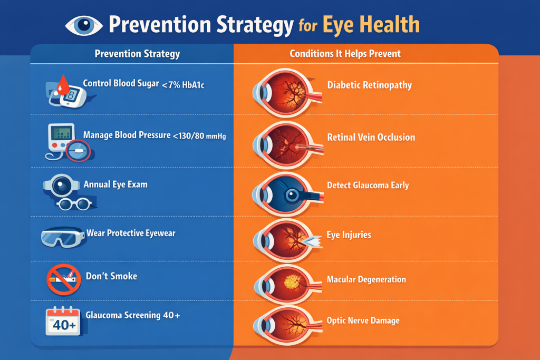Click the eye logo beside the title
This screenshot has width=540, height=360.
tap(84, 25)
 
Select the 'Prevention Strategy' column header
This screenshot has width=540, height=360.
tap(137, 54)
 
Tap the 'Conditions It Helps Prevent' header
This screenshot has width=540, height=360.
tap(345, 54)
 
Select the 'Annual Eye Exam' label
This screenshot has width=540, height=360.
tap(115, 185)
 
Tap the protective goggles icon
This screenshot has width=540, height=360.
tap(62, 237)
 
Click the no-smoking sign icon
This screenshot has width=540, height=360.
tap(62, 279)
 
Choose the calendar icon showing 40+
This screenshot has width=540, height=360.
tap(63, 321)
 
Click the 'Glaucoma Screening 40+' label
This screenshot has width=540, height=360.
tap(133, 315)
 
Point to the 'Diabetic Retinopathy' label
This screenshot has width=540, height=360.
tap(369, 85)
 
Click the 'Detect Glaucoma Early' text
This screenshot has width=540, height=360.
tap(368, 186)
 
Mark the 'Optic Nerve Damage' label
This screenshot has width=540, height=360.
tap(363, 320)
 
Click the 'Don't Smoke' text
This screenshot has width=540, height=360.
tap(111, 276)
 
